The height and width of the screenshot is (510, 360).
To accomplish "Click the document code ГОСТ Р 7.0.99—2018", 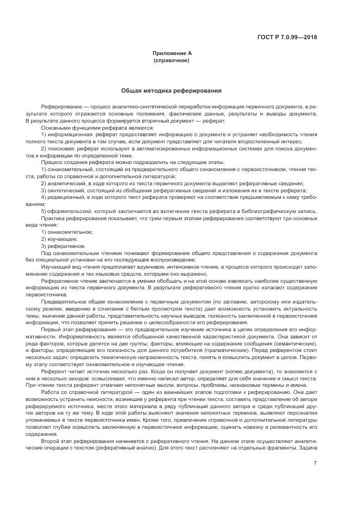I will click(287, 38).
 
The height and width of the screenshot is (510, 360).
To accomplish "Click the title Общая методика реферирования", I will click(171, 90).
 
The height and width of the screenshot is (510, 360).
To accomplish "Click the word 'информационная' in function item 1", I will click(66, 133).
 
